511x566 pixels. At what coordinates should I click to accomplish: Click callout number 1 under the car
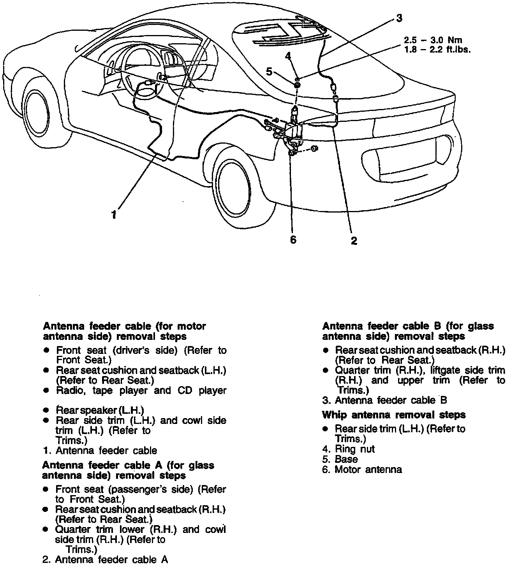(114, 214)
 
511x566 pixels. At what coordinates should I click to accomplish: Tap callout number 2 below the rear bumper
(354, 241)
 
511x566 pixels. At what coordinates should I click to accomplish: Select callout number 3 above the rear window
(399, 18)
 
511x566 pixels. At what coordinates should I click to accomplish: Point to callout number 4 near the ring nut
(288, 56)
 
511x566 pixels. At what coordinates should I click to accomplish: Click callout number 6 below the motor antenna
(293, 239)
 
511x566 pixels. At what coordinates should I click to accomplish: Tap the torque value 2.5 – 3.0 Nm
(432, 40)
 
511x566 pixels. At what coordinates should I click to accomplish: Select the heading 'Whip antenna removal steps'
(394, 415)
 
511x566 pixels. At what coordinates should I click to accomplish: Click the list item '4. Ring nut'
(348, 449)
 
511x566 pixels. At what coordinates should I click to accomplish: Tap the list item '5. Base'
(340, 459)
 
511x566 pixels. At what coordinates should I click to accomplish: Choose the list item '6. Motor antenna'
(362, 469)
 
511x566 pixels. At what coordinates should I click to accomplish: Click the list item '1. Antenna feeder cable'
(100, 451)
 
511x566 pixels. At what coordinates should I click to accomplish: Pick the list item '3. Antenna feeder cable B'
(384, 400)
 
